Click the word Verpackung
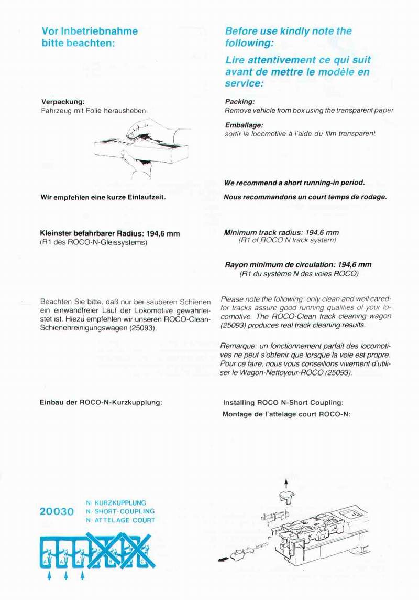(62, 102)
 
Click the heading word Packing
(239, 102)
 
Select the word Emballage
(244, 125)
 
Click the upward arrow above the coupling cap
(286, 483)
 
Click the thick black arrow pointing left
(223, 559)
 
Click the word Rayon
(237, 265)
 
